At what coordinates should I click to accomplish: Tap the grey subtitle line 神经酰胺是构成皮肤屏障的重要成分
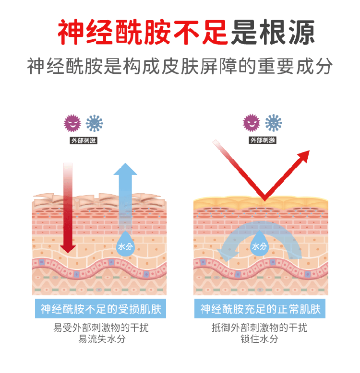tap(180, 67)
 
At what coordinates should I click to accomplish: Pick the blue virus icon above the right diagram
tap(274, 123)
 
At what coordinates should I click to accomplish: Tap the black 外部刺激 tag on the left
tap(84, 140)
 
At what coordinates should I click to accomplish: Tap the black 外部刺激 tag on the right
tap(263, 140)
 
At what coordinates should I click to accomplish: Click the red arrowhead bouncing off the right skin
tap(302, 158)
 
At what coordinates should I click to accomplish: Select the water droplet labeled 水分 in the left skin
tap(126, 244)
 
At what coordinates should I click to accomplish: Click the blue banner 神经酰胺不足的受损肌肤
tap(100, 309)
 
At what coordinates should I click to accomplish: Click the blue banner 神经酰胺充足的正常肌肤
tap(260, 309)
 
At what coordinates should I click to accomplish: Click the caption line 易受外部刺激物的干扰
tap(100, 328)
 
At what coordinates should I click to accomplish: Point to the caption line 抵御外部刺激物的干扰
tap(260, 328)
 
